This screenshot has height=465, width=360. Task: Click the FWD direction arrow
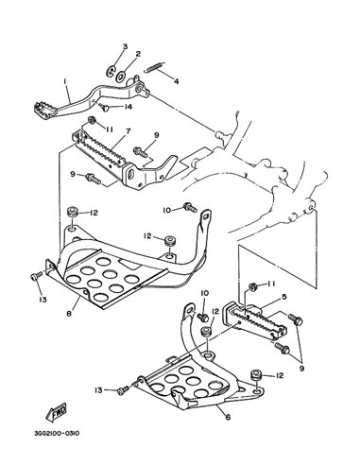(x=57, y=411)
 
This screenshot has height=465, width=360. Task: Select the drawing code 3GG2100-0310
(x=57, y=434)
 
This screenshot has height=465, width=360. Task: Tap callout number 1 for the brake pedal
(x=65, y=81)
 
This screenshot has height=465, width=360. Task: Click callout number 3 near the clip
(x=125, y=46)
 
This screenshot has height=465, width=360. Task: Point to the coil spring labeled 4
(x=155, y=67)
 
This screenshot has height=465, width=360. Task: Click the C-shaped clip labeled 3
(x=111, y=71)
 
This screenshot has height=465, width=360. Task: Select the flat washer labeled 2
(x=120, y=76)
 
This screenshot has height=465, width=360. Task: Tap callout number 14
(x=128, y=107)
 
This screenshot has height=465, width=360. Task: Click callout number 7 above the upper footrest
(x=129, y=130)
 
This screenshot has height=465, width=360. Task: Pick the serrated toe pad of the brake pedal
(x=44, y=109)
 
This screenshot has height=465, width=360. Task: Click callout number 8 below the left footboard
(x=69, y=314)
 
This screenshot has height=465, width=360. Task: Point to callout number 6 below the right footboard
(x=228, y=417)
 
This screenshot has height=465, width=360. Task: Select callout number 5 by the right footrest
(x=284, y=297)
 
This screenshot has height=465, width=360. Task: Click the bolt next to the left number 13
(x=36, y=276)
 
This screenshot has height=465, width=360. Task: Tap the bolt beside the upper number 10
(x=190, y=207)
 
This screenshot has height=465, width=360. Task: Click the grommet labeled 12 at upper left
(x=73, y=211)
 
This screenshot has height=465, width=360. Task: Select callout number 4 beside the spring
(x=176, y=81)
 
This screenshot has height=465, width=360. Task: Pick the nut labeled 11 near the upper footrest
(x=93, y=120)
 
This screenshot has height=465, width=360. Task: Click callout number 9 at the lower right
(x=302, y=368)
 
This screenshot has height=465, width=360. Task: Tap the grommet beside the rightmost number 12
(x=255, y=376)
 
